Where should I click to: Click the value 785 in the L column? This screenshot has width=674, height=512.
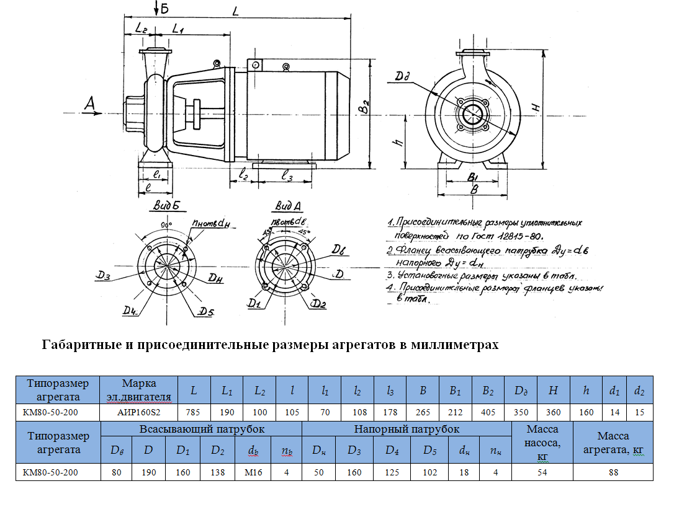pyautogui.click(x=194, y=412)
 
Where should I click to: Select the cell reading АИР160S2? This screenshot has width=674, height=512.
pyautogui.click(x=139, y=412)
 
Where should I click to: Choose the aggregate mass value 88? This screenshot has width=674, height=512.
pyautogui.click(x=613, y=472)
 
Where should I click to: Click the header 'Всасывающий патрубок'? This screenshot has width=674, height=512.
pyautogui.click(x=202, y=429)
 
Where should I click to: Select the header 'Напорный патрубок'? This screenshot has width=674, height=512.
pyautogui.click(x=407, y=429)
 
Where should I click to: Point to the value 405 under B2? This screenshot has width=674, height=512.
pyautogui.click(x=488, y=412)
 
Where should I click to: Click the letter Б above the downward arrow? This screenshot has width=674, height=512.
pyautogui.click(x=164, y=9)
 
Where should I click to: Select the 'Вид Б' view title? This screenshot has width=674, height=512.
pyautogui.click(x=165, y=206)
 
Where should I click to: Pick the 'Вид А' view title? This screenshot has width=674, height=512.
pyautogui.click(x=288, y=206)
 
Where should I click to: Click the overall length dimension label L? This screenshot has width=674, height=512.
pyautogui.click(x=235, y=11)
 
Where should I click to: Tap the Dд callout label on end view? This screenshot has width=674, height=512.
pyautogui.click(x=403, y=77)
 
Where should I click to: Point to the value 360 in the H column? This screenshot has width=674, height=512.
pyautogui.click(x=554, y=412)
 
